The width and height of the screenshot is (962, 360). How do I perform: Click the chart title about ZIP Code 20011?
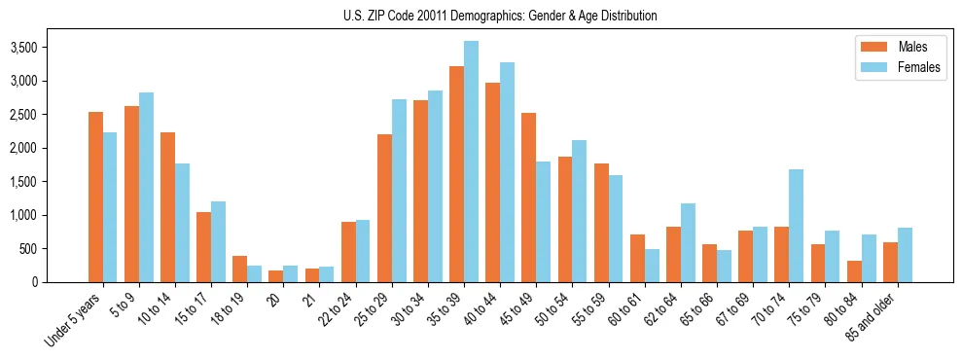500,16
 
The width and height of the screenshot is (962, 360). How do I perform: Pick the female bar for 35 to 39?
471,162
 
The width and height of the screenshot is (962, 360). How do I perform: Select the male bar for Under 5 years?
95,198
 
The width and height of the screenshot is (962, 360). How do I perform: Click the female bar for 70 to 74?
796,226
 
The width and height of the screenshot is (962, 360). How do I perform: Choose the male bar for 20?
276,276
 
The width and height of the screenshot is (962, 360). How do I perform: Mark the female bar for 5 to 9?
146,187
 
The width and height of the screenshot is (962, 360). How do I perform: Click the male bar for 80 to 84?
854,271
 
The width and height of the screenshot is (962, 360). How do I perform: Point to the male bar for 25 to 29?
384,208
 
